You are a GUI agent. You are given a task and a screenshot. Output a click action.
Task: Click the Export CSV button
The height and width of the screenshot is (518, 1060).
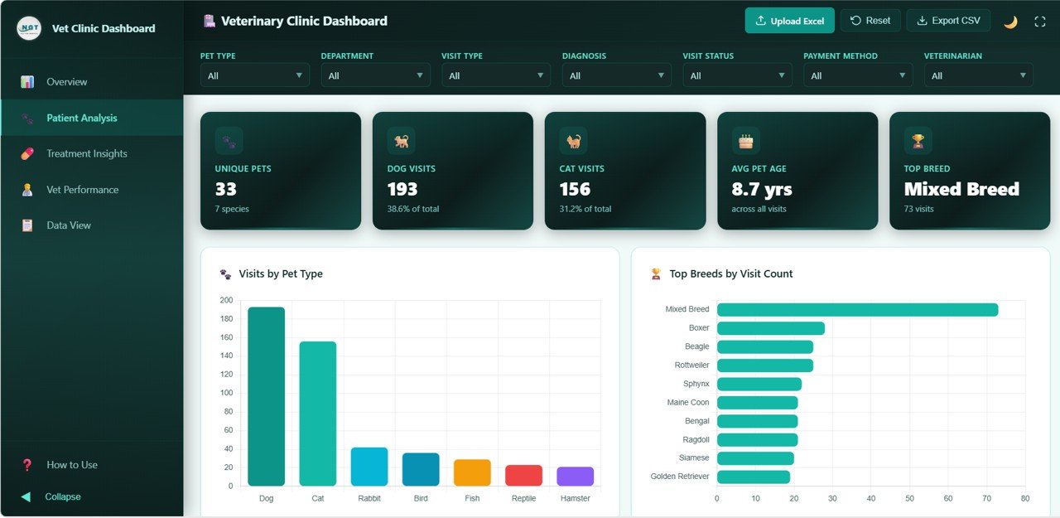[948, 21]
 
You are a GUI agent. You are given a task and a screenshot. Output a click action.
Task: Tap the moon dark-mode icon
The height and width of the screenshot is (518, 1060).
[1010, 22]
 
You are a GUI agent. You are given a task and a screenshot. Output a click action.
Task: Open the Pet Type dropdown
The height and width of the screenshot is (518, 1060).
[255, 75]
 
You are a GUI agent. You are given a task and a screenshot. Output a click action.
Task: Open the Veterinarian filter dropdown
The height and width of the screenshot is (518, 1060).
[978, 75]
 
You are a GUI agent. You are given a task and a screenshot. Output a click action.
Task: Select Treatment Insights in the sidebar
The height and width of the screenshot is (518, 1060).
[87, 153]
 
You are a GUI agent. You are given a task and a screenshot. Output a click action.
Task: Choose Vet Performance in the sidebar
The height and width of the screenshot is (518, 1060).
[82, 190]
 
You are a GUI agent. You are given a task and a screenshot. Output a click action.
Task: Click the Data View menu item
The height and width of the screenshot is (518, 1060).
[69, 225]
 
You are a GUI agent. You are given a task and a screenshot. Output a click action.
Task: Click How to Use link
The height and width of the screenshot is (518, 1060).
[71, 465]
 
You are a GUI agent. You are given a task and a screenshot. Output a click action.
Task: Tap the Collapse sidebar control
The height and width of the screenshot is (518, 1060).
[62, 496]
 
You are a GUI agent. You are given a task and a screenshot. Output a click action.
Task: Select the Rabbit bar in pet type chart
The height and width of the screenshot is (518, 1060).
[369, 467]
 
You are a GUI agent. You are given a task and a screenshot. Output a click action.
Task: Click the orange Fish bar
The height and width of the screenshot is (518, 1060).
[472, 472]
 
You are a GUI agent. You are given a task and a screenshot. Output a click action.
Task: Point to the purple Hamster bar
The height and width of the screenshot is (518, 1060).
[575, 477]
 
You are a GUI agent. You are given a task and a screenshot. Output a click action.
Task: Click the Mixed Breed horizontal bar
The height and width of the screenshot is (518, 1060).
[857, 310]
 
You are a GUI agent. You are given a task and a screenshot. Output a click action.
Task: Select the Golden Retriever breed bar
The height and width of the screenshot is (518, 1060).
[753, 477]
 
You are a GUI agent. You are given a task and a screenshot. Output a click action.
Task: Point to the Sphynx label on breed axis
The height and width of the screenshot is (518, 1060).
[696, 384]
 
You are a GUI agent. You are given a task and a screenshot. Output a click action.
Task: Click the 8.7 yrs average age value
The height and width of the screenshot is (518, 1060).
[761, 190]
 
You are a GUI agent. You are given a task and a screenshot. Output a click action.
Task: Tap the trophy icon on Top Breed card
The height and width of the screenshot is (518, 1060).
[918, 141]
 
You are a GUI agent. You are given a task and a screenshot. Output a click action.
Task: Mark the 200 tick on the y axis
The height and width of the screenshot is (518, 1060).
[226, 300]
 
